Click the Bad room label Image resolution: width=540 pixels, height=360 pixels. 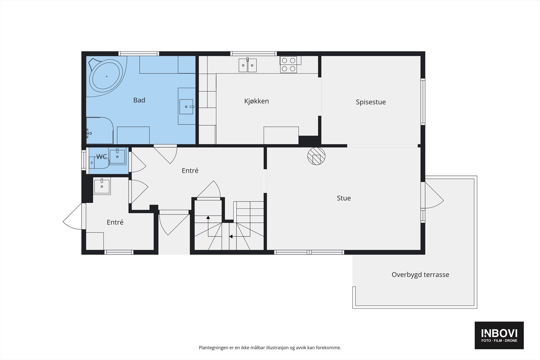(x=139, y=100)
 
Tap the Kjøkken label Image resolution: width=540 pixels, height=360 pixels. (x=256, y=101)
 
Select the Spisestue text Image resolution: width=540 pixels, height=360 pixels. (x=371, y=102)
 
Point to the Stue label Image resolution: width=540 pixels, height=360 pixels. (x=344, y=198)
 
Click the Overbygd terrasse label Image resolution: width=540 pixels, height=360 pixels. (x=421, y=275)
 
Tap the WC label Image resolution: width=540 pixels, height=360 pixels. (x=102, y=157)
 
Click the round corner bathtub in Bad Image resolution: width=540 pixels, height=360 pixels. (x=107, y=76)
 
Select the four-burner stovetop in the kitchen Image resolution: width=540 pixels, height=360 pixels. (x=289, y=64)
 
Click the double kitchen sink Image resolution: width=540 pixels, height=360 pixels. (x=248, y=65)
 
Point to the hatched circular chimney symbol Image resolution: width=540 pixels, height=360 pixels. (x=316, y=156)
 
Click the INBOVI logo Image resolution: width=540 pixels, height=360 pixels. (x=499, y=335)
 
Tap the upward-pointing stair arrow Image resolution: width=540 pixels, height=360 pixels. (x=208, y=217)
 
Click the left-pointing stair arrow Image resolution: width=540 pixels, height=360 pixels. (x=231, y=237)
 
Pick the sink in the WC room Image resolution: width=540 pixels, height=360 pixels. (x=117, y=157)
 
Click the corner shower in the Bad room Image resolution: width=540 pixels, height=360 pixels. (x=100, y=131)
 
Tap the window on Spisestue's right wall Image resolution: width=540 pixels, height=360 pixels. (x=423, y=102)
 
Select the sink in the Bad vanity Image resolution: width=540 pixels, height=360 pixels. (x=186, y=107)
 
